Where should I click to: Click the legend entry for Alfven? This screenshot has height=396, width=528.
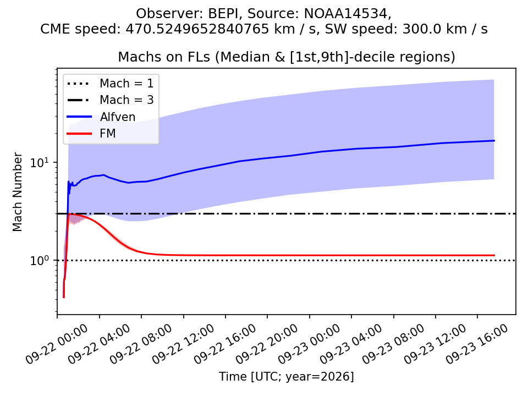coord(101,117)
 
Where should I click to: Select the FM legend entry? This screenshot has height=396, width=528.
coord(91,133)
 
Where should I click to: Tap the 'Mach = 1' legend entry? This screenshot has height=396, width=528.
coord(110,83)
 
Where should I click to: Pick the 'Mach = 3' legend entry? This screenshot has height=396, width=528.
coord(110,100)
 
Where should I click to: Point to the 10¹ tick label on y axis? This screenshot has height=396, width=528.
coord(40,162)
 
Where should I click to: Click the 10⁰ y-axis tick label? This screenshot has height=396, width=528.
coord(40,260)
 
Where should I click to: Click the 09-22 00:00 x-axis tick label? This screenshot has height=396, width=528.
coord(57,344)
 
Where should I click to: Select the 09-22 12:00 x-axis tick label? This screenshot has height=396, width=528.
coord(183,344)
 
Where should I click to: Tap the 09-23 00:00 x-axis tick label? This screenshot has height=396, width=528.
coord(309,344)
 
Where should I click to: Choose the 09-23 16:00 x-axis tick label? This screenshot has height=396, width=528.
coord(477,344)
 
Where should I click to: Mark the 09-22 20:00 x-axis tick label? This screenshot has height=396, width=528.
coord(267,344)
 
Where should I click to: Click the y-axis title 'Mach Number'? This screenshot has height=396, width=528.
coord(17,192)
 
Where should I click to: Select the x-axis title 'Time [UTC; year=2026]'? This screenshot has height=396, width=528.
coord(286,376)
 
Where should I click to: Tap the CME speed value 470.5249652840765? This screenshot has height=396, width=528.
coord(197,29)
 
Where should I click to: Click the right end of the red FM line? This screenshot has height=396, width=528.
coord(494,255)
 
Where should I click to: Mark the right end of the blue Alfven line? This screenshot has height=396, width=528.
coord(494,140)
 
